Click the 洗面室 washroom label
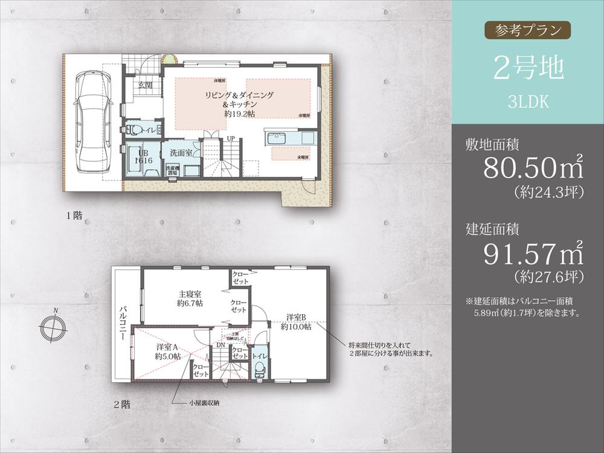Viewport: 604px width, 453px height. (x=181, y=153)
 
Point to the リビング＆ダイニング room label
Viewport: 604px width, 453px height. (x=239, y=95)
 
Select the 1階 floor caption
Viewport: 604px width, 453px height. (x=75, y=214)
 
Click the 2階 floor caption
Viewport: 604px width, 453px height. (x=122, y=404)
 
